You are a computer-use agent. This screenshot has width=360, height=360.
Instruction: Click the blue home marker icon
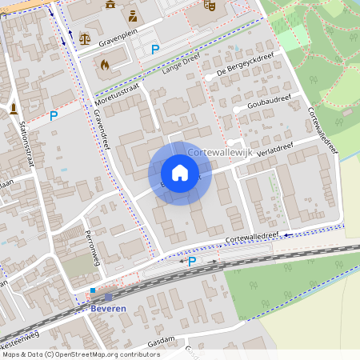[180, 173]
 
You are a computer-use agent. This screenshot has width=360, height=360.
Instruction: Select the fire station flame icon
[104, 64]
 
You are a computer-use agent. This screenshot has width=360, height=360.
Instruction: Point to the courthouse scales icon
[86, 37]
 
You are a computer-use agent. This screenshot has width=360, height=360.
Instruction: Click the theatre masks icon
[210, 5]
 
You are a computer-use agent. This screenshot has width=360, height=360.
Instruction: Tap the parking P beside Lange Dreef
[156, 50]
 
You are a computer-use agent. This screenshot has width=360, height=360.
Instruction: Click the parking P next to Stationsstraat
[54, 116]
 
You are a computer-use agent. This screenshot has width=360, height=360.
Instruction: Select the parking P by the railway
[192, 261]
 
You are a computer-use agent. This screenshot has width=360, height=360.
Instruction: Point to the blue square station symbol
[93, 290]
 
